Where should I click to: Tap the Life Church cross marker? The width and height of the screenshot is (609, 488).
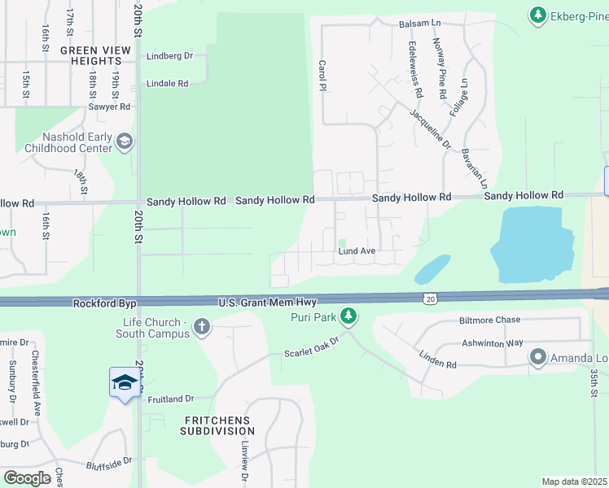pos(202,328)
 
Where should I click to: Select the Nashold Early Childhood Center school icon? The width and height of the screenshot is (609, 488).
pos(124,142)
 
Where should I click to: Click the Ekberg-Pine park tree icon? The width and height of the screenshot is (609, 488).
pos(537,15)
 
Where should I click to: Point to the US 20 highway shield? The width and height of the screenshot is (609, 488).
pos(429,299)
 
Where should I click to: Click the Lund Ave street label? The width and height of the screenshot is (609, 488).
pos(357,251)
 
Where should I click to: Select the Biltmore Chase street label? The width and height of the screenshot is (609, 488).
pos(489,320)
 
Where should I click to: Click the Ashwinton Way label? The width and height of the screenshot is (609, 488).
pos(492,343)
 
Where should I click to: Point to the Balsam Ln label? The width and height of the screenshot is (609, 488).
pos(419,25)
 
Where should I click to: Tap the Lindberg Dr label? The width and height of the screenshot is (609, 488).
pos(169,56)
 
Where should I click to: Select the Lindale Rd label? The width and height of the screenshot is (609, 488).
pos(167,83)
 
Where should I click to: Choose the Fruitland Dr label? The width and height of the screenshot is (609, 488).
pos(171,399)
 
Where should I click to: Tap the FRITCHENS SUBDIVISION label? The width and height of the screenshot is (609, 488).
pos(217,425)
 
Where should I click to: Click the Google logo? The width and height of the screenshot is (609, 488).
pos(27,478)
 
